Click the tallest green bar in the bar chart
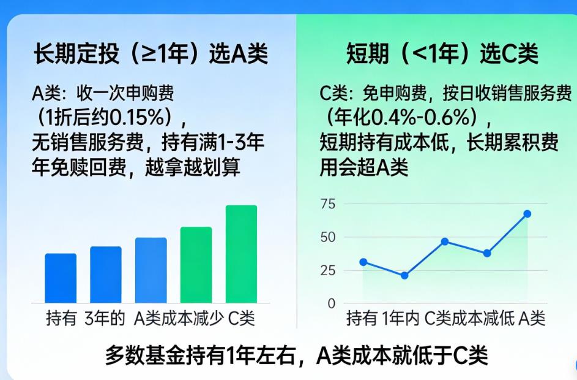pos(241,254)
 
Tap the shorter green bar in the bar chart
pos(196,265)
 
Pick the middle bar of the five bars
pos(151,270)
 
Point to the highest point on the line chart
pos(527,214)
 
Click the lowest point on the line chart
pos(404,276)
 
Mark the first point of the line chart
pos(363,262)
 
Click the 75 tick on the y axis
pos(328,204)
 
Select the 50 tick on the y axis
pos(328,237)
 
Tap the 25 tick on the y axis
pos(328,270)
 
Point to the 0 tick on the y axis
pos(332,303)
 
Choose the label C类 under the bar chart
pos(241,319)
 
